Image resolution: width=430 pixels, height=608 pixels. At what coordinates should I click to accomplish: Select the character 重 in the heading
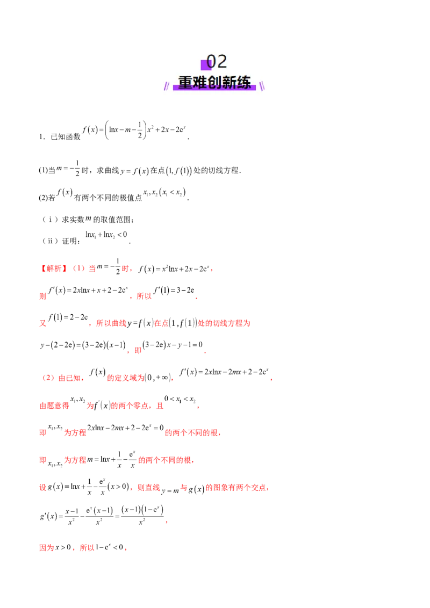pos(185,83)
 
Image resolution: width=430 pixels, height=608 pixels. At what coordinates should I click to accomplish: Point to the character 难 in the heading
pos(200,83)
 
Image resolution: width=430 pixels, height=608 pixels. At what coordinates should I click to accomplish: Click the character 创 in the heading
pos(214,83)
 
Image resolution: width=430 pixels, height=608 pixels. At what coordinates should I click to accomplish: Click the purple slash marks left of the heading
pos(167,85)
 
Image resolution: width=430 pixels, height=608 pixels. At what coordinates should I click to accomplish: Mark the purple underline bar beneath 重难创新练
pos(214,89)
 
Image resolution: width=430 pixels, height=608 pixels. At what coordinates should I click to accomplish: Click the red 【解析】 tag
pos(53,268)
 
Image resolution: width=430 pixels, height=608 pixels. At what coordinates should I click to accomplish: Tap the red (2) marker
pos(48,378)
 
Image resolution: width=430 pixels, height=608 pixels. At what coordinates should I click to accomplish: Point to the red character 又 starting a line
pos(42,324)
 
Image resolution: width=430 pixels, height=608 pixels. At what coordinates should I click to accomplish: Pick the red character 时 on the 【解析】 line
pos(126,268)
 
